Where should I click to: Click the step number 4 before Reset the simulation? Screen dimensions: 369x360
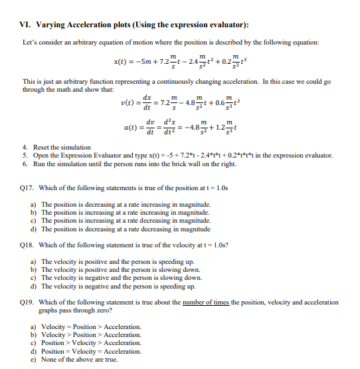pos(25,147)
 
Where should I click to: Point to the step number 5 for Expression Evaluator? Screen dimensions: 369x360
pos(25,155)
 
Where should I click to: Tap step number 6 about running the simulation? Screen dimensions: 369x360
pos(25,163)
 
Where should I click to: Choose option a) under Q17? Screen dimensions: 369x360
pos(33,205)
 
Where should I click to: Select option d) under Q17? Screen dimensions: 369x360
pos(33,229)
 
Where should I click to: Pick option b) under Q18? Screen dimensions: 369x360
pos(33,270)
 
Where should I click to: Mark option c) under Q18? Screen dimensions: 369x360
pos(33,278)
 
